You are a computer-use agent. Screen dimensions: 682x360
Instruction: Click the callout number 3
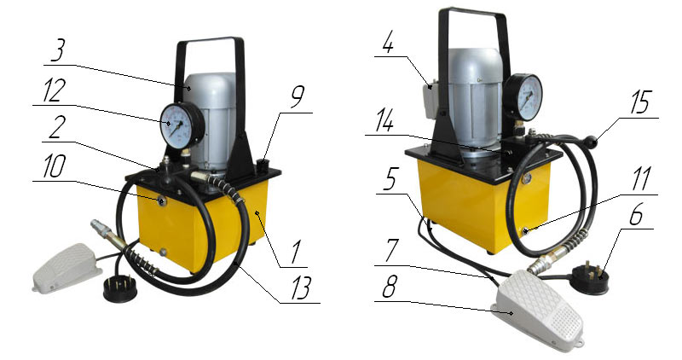tap(58, 51)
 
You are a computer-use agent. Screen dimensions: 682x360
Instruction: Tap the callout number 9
tap(297, 98)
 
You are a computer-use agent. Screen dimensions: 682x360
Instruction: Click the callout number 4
tap(387, 42)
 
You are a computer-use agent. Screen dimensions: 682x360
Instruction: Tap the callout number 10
tap(53, 166)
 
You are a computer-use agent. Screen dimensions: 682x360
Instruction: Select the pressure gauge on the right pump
tap(524, 97)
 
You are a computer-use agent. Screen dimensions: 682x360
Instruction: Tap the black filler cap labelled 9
tap(263, 165)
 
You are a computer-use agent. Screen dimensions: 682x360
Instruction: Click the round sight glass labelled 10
tap(161, 201)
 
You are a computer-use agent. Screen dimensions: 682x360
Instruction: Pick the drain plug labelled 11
tap(526, 230)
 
